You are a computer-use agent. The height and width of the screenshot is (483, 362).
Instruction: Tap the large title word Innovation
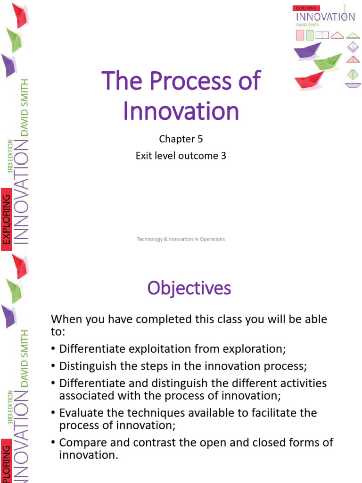[x=181, y=111]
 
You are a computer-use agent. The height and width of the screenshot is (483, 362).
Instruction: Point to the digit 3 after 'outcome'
[x=223, y=155]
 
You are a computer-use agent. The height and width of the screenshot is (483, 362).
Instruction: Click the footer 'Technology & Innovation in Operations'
[x=181, y=239]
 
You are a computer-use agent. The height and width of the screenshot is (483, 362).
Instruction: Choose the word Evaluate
[x=80, y=413]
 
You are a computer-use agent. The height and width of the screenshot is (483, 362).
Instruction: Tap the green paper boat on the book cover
[x=327, y=62]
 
